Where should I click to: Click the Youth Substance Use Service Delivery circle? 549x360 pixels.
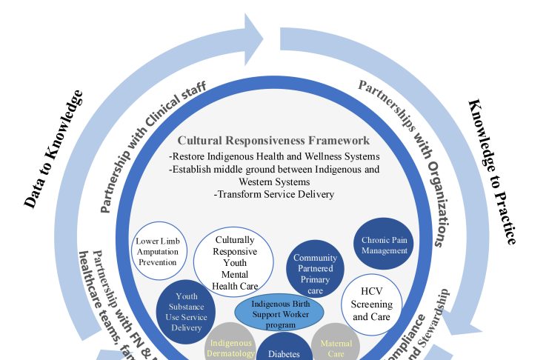(x=186, y=312)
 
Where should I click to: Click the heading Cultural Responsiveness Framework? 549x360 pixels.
(x=273, y=140)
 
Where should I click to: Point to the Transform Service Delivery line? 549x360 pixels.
(x=274, y=195)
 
